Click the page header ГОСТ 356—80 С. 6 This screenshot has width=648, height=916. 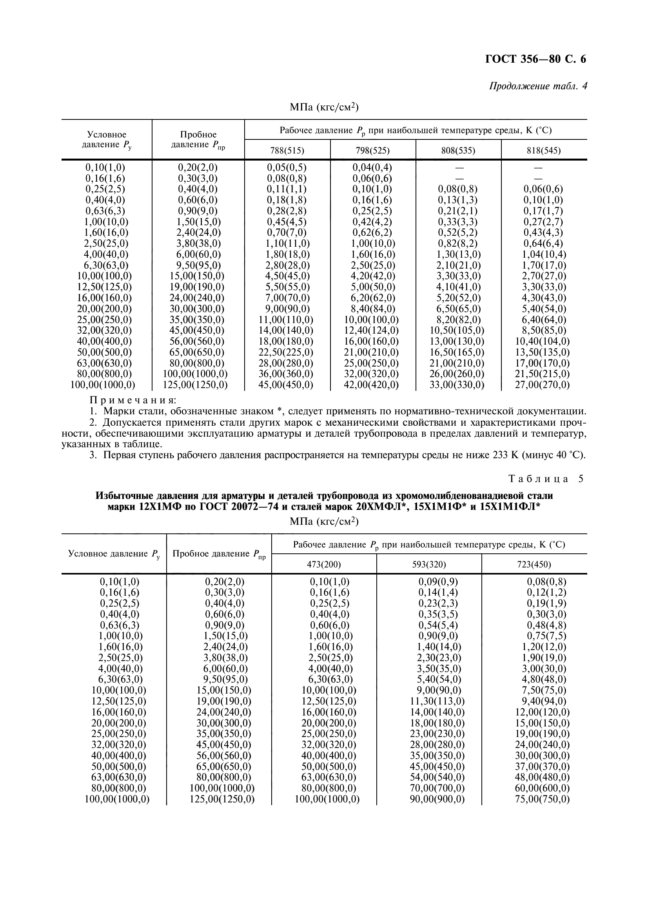coord(535,59)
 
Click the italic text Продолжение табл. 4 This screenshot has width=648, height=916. coord(538,86)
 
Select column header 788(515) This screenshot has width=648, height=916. coord(287,150)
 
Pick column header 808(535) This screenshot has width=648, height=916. coord(458,150)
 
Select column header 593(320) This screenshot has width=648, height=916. coord(429,565)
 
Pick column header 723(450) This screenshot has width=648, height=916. coord(534,565)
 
